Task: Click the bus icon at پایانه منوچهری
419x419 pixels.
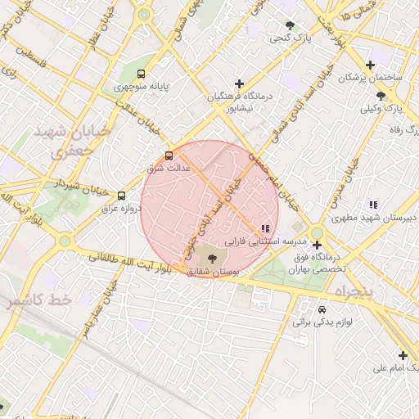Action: pos(143,74)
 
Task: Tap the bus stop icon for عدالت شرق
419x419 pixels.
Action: pos(169,155)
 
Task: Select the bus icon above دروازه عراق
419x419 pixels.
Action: pos(122,196)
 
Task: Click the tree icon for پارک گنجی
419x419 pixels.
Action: pos(290,25)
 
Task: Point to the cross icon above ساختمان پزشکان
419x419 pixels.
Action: pos(371,65)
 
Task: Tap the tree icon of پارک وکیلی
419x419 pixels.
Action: pos(381,96)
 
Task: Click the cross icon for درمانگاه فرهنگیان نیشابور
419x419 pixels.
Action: pos(239,83)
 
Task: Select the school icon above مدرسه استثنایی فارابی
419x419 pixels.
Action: pos(264,228)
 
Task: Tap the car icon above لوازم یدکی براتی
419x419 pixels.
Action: pos(322,310)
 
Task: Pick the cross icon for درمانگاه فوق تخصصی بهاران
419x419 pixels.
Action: pos(317,245)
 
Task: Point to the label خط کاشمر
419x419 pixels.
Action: pos(40,300)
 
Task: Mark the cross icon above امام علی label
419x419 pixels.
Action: pos(402,355)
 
